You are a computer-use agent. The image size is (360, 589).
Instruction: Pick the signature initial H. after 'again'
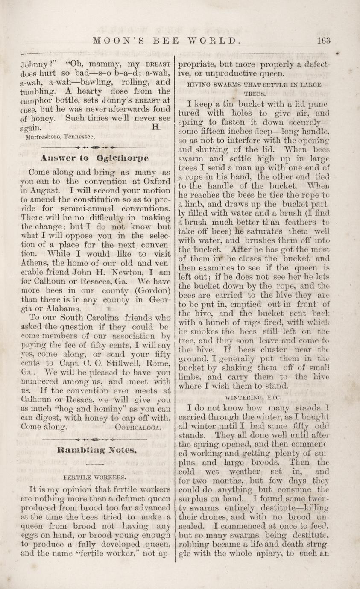point(155,127)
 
